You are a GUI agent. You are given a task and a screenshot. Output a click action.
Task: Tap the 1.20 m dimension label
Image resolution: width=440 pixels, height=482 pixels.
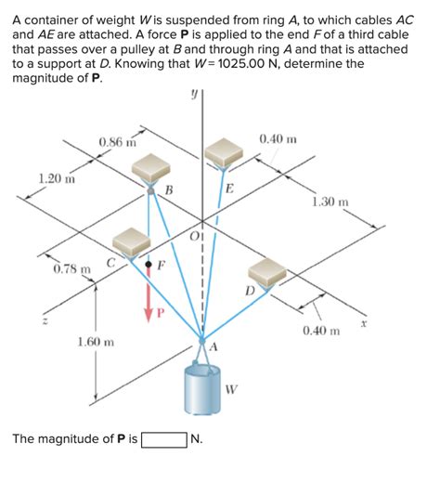coord(55,178)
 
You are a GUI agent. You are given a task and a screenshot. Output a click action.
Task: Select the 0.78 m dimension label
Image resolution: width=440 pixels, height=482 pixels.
coord(71,269)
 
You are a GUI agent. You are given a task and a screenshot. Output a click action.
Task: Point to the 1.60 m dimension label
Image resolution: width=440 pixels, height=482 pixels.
coord(95,342)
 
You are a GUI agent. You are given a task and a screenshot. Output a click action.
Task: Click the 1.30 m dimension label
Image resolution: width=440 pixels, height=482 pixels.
coord(331,202)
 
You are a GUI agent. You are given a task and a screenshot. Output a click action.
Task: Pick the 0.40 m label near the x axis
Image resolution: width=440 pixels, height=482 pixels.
coord(321,330)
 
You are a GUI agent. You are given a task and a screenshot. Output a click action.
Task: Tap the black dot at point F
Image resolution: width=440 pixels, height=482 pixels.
coord(148,265)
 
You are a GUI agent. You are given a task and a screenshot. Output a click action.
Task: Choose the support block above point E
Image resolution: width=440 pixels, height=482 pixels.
coord(223,150)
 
